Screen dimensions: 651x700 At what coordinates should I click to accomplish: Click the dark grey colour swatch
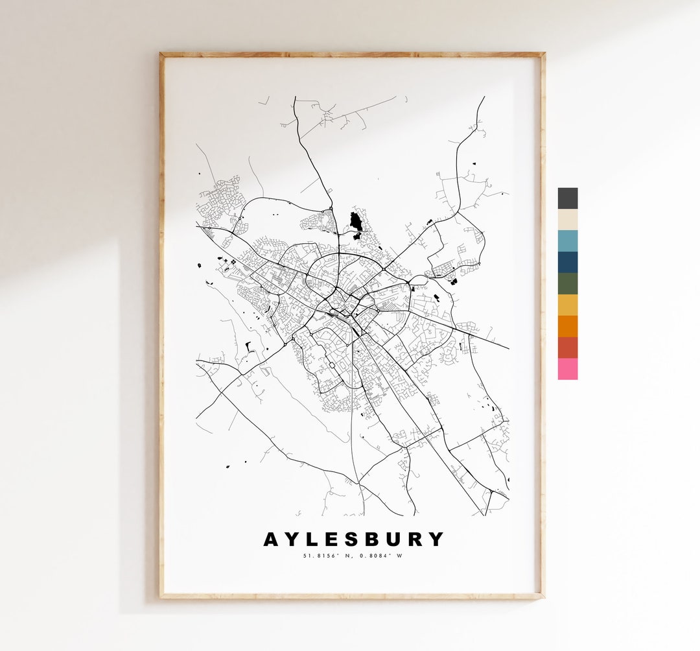(567, 198)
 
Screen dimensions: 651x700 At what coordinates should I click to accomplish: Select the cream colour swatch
(567, 219)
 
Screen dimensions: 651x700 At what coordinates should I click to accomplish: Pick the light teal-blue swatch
(567, 241)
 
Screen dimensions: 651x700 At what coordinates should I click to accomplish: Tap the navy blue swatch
(567, 262)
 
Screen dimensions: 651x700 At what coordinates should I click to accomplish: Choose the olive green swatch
(567, 283)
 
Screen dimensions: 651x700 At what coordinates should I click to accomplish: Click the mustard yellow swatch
(567, 305)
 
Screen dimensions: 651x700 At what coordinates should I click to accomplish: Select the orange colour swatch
(567, 326)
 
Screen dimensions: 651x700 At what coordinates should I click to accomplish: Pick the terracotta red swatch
(567, 348)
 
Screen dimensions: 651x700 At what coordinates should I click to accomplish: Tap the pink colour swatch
(567, 369)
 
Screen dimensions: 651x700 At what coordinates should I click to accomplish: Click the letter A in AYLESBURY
(272, 539)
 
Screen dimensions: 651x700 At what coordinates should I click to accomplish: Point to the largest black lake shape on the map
(355, 221)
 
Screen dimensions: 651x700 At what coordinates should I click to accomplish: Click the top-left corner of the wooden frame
(161, 55)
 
